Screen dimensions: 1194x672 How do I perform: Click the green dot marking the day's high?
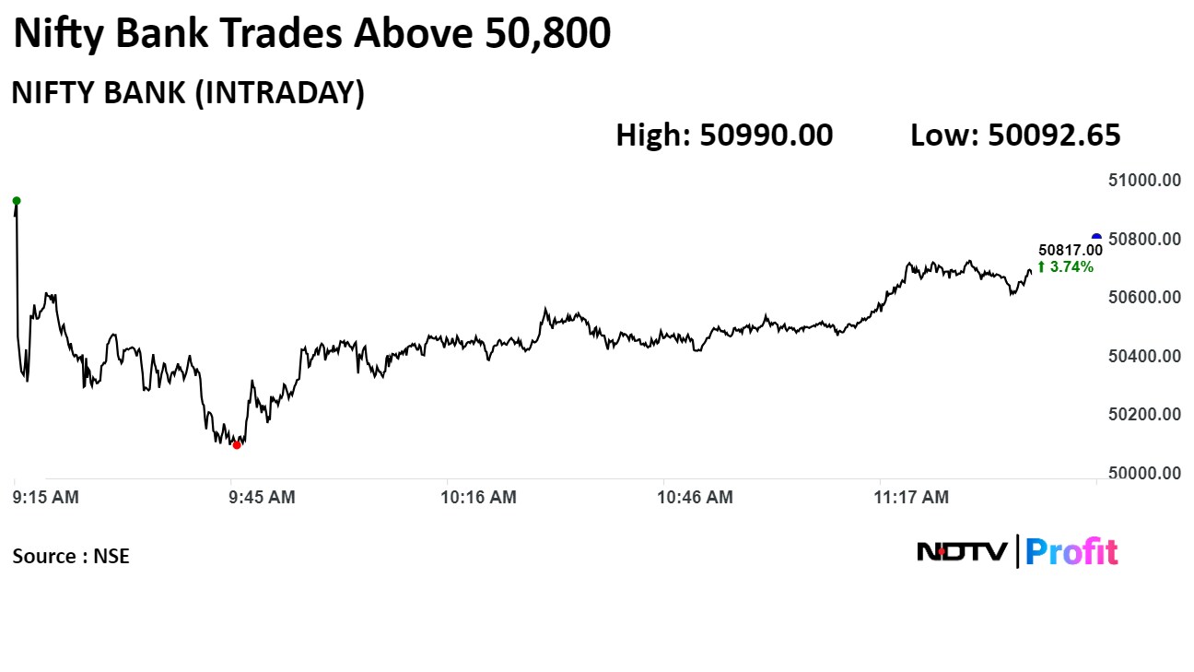tap(17, 201)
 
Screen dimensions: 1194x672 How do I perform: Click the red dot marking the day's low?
tap(237, 445)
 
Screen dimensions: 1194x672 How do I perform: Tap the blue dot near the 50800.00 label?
tap(1096, 237)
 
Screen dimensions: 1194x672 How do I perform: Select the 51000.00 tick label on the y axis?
tap(1144, 181)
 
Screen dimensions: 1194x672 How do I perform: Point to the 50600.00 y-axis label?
tap(1144, 297)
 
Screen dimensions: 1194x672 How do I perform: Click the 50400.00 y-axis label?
tap(1144, 356)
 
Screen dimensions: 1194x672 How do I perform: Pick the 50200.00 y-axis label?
tap(1144, 415)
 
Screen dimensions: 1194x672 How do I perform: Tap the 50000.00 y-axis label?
tap(1144, 473)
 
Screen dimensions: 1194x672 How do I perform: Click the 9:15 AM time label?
tap(46, 497)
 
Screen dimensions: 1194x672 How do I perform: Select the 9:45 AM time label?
tap(263, 497)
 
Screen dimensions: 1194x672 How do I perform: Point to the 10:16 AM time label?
tap(479, 497)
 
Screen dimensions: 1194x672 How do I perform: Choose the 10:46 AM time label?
tap(695, 497)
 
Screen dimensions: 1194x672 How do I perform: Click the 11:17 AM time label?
tap(911, 497)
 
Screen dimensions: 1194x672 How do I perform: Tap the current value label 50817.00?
tap(1071, 250)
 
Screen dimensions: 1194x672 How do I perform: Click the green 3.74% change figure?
tap(1066, 266)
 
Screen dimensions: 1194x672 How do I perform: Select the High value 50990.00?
tap(766, 135)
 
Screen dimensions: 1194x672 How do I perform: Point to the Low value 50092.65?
tap(1054, 135)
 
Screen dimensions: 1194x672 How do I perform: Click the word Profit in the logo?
tap(1071, 552)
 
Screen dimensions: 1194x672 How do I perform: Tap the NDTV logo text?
tap(962, 552)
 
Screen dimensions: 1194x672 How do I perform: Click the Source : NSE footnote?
tap(71, 556)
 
